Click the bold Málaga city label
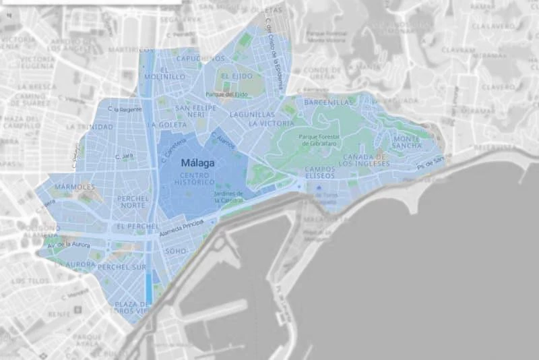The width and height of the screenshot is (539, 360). click(x=199, y=163)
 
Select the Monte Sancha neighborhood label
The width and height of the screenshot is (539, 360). click(x=408, y=142)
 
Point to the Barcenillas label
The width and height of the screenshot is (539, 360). click(x=328, y=102)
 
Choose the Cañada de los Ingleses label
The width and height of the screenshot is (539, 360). click(x=364, y=160)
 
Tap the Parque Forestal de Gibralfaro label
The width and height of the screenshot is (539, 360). click(x=321, y=140)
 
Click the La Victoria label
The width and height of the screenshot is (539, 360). click(x=271, y=124)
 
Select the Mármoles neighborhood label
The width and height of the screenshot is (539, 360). click(x=74, y=186)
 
